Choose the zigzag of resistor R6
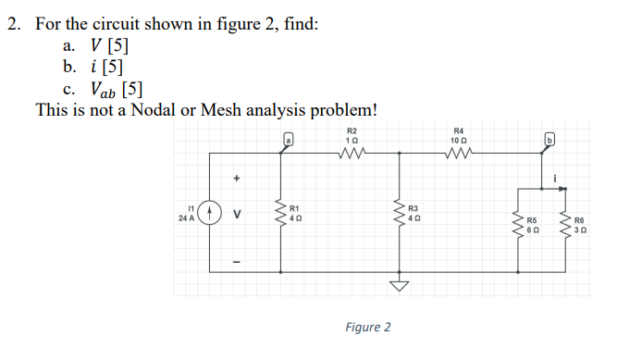[564, 223]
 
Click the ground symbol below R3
[399, 286]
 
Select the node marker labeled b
[548, 140]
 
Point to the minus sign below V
[237, 261]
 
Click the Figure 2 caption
[367, 328]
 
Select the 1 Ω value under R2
[352, 139]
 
